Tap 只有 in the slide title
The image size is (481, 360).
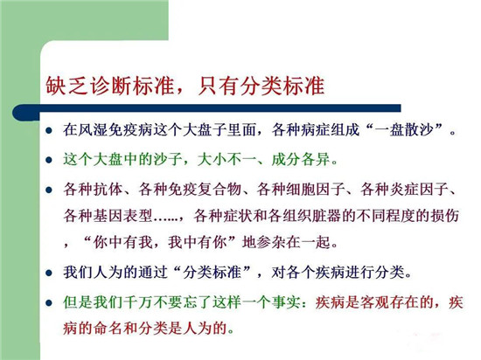coord(218,85)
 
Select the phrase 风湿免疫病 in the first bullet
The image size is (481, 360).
coord(115,130)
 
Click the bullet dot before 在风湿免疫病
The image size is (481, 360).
coord(49,131)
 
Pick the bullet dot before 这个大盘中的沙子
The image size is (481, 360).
coord(49,160)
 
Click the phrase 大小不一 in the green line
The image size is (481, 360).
coord(227,159)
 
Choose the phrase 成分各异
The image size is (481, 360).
coord(301,159)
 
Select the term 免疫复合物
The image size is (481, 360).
coord(205,189)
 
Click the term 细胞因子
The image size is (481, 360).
coord(316,189)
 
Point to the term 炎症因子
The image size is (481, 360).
coord(419,189)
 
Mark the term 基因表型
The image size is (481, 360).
coord(122,216)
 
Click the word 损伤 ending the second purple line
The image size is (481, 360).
coord(444,216)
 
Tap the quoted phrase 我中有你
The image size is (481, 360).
coord(197,242)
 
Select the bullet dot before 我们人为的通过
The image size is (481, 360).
coord(49,273)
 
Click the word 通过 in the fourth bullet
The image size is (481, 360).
coord(152,272)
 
